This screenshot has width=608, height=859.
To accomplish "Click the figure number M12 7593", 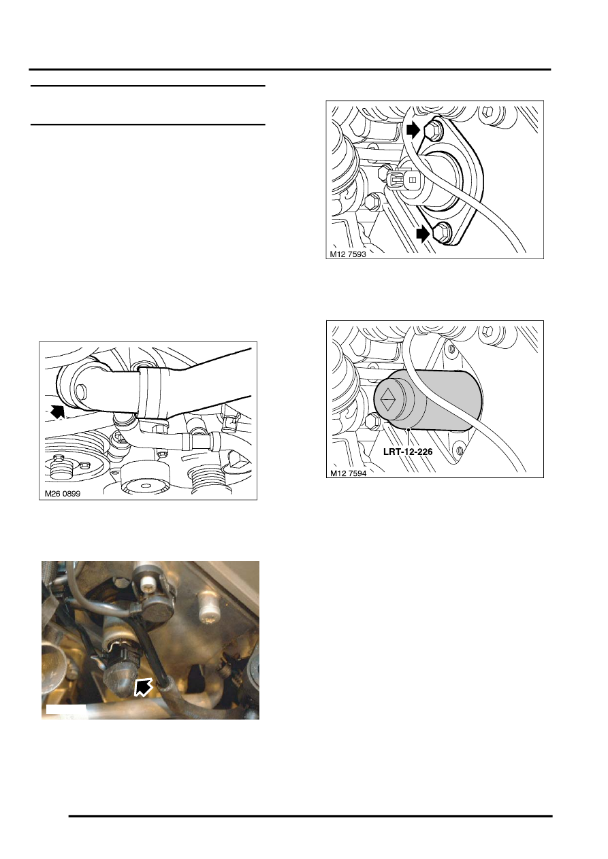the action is (348, 254).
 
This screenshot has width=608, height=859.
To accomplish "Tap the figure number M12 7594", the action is (349, 473).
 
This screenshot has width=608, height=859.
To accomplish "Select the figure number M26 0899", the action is (63, 494).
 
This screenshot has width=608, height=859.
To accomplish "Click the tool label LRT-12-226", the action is (408, 452).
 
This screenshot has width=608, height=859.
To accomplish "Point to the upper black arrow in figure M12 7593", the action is (413, 131).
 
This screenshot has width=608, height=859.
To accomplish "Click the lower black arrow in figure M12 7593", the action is (423, 234).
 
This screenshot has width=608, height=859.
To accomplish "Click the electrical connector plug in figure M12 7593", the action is (396, 179).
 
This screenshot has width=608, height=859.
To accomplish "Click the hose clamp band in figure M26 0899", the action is (150, 393).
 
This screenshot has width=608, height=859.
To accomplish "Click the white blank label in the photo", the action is (65, 709).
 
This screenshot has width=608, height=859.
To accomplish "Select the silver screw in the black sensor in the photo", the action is (146, 584).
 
